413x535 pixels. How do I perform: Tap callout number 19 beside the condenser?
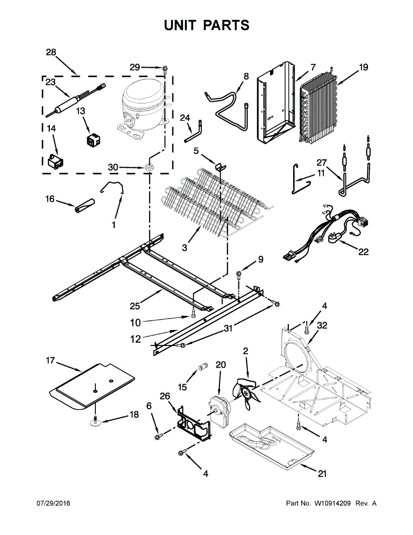(x=364, y=68)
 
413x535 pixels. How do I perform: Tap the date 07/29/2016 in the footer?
(x=53, y=503)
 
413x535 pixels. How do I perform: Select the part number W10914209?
(x=332, y=503)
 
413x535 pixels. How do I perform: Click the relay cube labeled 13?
(x=94, y=140)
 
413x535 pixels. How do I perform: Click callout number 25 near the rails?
(x=135, y=306)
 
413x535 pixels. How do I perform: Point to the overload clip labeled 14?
(x=55, y=162)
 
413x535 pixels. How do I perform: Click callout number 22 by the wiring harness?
(x=364, y=252)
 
